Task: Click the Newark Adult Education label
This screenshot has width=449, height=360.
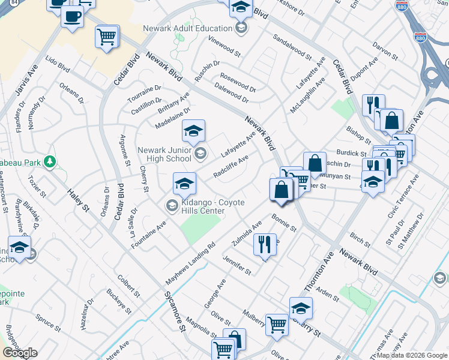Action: click(187, 28)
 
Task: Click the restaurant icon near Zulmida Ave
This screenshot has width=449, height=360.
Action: click(264, 243)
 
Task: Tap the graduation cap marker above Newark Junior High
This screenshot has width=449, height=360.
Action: click(193, 131)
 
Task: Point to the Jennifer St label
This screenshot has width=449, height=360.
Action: click(237, 265)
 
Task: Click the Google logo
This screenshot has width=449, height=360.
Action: click(20, 353)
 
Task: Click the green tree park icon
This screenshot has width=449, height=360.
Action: click(50, 162)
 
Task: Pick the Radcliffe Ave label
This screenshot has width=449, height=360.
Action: click(231, 167)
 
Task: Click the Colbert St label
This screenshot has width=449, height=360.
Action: click(128, 286)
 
